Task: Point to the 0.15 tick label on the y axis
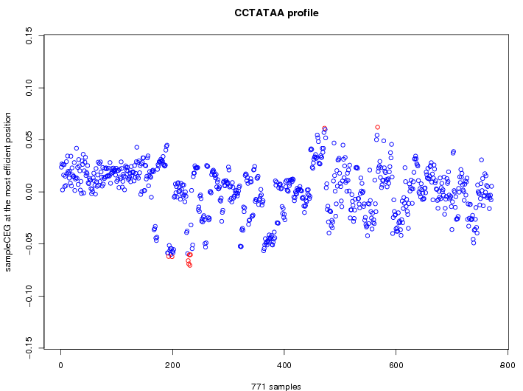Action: click(29, 35)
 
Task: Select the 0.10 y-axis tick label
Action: click(29, 88)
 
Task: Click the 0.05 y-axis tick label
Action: click(29, 139)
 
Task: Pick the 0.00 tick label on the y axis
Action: click(29, 192)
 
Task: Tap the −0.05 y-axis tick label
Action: click(29, 244)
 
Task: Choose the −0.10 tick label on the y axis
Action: click(29, 297)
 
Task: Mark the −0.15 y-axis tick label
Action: click(29, 348)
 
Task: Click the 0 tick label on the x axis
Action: click(61, 364)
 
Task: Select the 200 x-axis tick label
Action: click(172, 364)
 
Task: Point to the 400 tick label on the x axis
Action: click(284, 364)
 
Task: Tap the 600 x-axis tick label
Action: click(396, 364)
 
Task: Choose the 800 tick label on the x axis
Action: click(508, 364)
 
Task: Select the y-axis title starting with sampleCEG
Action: click(9, 192)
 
